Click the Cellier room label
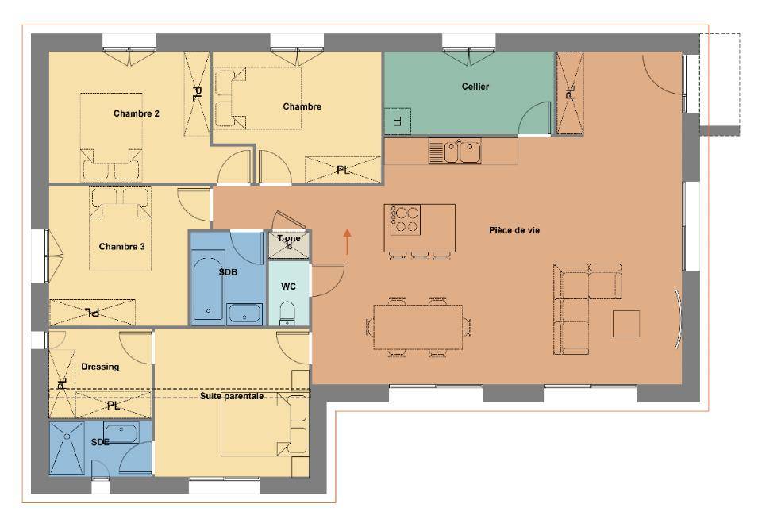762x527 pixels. click(475, 87)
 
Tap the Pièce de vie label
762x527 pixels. click(514, 230)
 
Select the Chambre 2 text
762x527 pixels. click(136, 113)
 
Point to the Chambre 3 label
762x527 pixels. click(121, 247)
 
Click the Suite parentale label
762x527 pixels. click(232, 396)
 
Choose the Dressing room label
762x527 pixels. click(100, 367)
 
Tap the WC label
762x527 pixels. click(288, 287)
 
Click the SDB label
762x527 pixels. click(228, 272)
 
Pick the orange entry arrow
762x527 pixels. click(348, 241)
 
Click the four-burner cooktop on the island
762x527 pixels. click(402, 220)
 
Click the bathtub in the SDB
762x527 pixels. click(209, 287)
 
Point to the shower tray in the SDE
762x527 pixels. click(67, 448)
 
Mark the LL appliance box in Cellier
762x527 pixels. click(398, 121)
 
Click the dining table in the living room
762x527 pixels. click(418, 327)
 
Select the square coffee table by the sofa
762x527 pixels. click(626, 324)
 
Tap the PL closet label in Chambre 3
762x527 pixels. click(92, 313)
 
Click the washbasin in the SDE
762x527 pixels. click(121, 433)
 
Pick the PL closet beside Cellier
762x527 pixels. click(570, 93)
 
